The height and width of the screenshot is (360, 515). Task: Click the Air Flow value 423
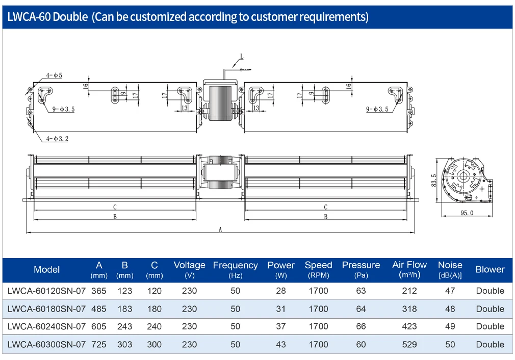click(x=409, y=326)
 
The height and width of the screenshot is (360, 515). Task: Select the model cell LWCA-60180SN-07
click(x=46, y=309)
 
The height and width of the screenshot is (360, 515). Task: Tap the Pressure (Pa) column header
click(x=360, y=270)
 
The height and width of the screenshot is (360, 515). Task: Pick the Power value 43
click(x=281, y=345)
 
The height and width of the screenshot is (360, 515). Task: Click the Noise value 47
click(x=450, y=291)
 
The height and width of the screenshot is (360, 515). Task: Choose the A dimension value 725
click(x=99, y=345)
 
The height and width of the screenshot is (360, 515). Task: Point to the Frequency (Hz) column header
click(x=235, y=270)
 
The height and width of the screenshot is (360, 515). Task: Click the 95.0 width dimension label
click(x=467, y=213)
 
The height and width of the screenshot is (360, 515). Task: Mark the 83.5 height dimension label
click(x=433, y=181)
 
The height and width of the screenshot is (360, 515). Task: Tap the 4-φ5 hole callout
click(x=54, y=75)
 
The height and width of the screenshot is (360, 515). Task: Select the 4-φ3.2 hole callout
click(x=57, y=139)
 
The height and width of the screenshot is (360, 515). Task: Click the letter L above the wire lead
click(x=242, y=57)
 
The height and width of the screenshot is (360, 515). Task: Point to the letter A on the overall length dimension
click(x=220, y=229)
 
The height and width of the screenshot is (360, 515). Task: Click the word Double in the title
click(x=70, y=16)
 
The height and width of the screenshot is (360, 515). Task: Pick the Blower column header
click(x=490, y=269)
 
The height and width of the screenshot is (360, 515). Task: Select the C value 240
click(x=154, y=326)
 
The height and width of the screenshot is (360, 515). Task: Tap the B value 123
click(x=125, y=291)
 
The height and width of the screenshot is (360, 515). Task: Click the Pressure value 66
click(x=360, y=326)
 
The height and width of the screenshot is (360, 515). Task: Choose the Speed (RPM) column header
click(x=318, y=270)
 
